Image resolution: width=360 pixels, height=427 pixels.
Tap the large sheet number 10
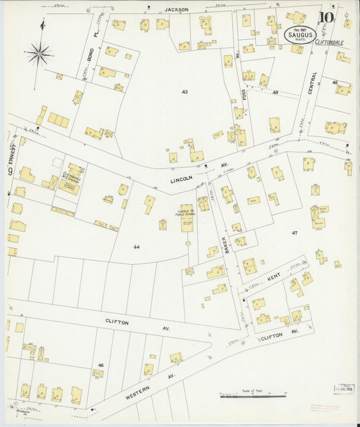[x=327, y=18]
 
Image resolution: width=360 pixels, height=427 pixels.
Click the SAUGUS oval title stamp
[x=300, y=34]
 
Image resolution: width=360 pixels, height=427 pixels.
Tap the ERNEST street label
[x=11, y=145]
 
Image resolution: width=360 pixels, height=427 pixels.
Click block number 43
[x=184, y=91]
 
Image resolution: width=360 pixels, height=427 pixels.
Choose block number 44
[x=136, y=247]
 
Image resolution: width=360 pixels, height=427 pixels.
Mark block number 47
[x=294, y=232]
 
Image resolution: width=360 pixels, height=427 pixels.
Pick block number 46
[x=101, y=365]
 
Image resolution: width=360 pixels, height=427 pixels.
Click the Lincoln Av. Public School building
[x=186, y=220]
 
